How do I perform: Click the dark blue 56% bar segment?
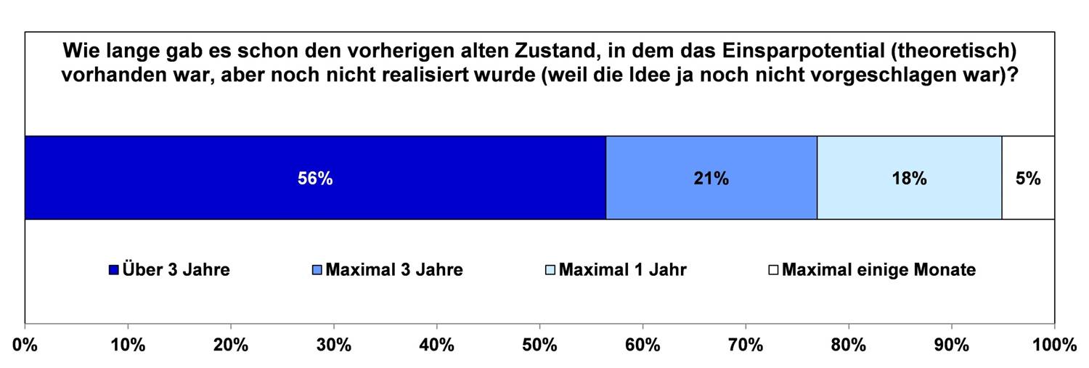[315, 178]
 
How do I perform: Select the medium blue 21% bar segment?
[711, 178]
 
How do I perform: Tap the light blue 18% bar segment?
[909, 178]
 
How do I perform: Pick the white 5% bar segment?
[1028, 178]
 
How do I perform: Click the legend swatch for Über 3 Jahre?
[113, 271]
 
